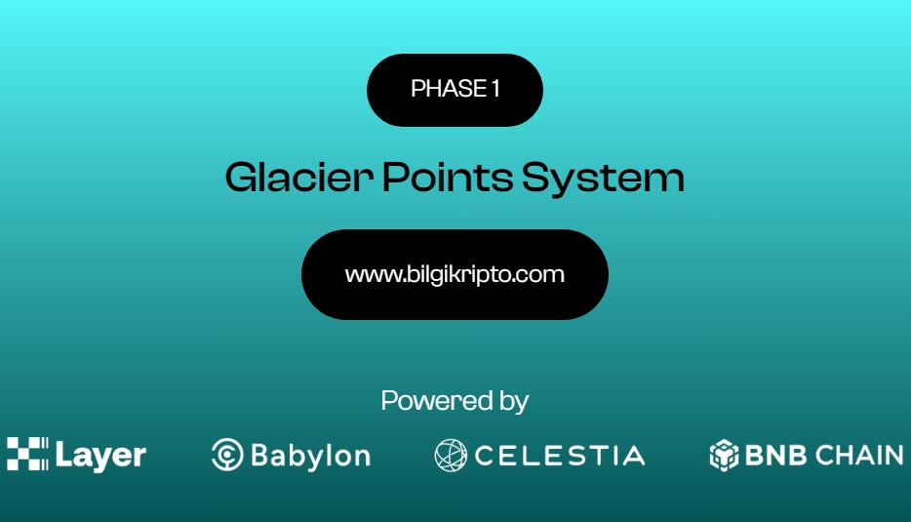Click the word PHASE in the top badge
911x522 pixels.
449,89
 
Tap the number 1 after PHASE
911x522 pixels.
495,89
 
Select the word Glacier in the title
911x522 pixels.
299,178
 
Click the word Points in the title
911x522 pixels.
448,178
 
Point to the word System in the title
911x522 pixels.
603,179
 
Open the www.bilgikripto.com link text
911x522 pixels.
455,274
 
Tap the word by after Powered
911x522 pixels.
513,402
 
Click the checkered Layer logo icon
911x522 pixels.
27,454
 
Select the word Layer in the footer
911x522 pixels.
100,456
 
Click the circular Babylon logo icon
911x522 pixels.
227,455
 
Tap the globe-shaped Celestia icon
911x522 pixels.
451,455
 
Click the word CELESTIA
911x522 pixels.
560,456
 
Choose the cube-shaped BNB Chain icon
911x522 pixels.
724,455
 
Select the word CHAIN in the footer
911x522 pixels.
859,455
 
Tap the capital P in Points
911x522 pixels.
396,178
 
